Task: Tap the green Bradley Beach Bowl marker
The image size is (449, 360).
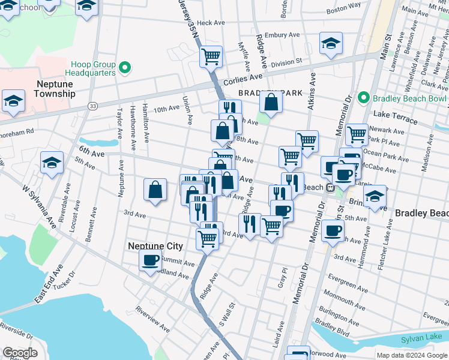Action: point(363,98)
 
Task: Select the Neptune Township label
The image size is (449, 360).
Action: point(55,89)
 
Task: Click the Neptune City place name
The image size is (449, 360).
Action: point(155,246)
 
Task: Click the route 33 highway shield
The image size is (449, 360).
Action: point(92,106)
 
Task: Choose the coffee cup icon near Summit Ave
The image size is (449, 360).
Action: point(150,260)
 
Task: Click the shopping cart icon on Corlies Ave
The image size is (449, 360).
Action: point(211,57)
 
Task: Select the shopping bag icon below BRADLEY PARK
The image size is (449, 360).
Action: point(271,103)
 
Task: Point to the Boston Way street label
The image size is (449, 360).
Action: point(343,8)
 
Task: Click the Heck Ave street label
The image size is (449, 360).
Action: point(210,23)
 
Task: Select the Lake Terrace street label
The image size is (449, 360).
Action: point(395,117)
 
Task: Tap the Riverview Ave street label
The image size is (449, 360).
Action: point(152,317)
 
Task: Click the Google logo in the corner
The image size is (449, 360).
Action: point(20,353)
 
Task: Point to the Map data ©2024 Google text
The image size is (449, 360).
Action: point(411,355)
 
